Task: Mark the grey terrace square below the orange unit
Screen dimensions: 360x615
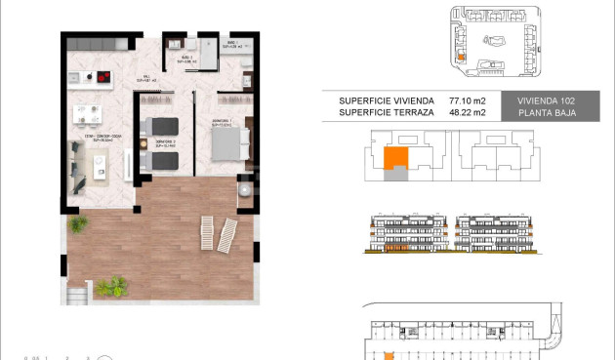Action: [x=394, y=174]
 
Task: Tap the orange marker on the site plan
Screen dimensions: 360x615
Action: [x=460, y=57]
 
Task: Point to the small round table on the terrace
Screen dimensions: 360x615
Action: [x=244, y=192]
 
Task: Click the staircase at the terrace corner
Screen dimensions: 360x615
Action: [x=79, y=293]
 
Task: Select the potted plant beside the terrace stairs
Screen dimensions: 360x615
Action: [x=111, y=287]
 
